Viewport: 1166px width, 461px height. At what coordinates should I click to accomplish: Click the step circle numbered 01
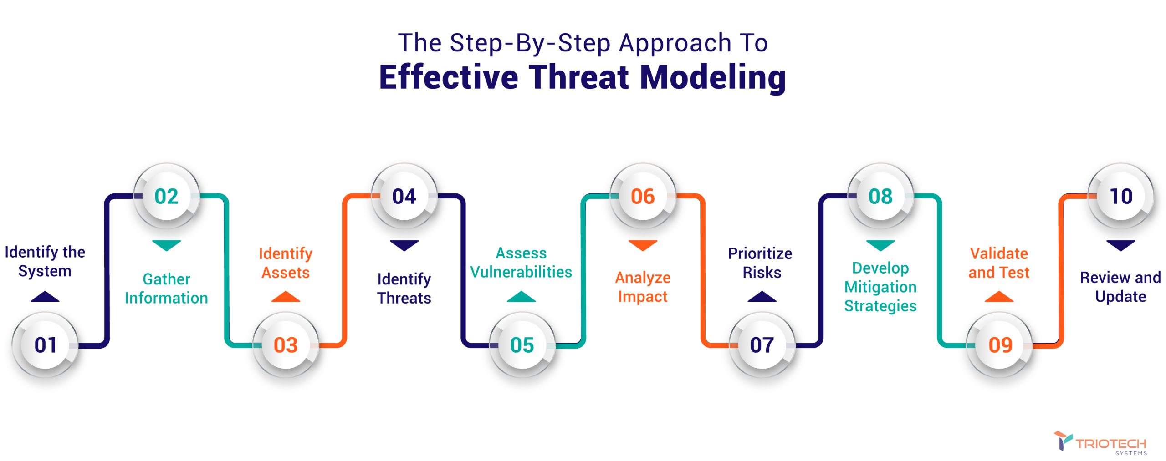click(45, 345)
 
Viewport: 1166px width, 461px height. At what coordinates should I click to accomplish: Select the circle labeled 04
click(404, 196)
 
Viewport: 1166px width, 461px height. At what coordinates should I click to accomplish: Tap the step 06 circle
click(643, 196)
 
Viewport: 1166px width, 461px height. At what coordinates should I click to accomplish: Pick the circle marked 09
click(999, 345)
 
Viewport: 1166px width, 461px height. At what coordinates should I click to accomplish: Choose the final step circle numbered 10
click(1121, 196)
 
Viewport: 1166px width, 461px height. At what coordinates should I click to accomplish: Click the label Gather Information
click(167, 289)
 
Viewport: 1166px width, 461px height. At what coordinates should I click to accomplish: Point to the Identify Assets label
click(286, 263)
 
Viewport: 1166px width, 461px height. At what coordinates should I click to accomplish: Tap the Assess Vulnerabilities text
click(521, 263)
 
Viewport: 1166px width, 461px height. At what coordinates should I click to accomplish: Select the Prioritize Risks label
click(760, 263)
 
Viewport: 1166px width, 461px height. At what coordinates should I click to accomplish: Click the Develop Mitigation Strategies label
click(880, 287)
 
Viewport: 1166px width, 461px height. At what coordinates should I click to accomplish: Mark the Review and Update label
click(1120, 287)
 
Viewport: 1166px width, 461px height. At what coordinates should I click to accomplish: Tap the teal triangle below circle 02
click(167, 245)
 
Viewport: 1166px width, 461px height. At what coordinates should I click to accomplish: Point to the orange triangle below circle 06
click(643, 245)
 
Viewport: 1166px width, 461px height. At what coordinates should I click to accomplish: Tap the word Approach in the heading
click(675, 44)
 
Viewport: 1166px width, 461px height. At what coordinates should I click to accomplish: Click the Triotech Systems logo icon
click(1063, 441)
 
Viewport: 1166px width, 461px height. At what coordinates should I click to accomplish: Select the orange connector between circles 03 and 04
click(344, 270)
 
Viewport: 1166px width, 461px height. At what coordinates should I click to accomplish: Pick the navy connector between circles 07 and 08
click(821, 270)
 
